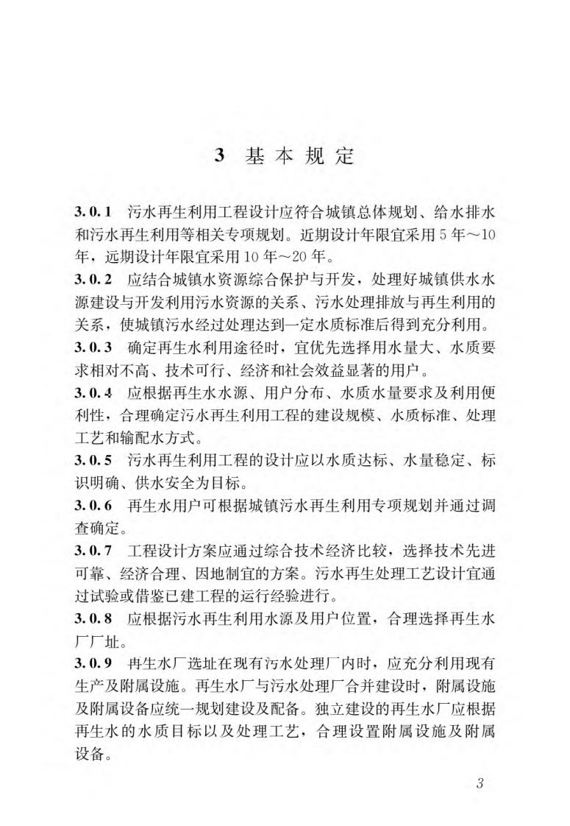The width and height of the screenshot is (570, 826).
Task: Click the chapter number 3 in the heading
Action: tap(218, 157)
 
